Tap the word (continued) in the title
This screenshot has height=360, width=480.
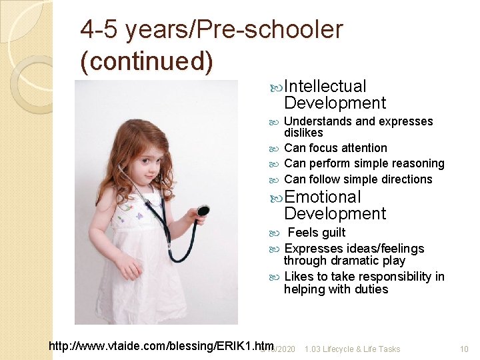(x=147, y=61)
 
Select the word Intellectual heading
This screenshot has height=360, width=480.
(x=325, y=86)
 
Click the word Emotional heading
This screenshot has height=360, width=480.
(x=323, y=197)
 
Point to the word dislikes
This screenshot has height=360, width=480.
(x=303, y=133)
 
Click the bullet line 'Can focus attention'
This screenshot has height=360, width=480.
(x=335, y=148)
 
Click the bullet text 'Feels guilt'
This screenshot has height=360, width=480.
(x=316, y=233)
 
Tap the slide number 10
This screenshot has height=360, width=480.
(x=464, y=349)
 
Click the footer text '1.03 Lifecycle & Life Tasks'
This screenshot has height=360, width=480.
(x=352, y=349)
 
